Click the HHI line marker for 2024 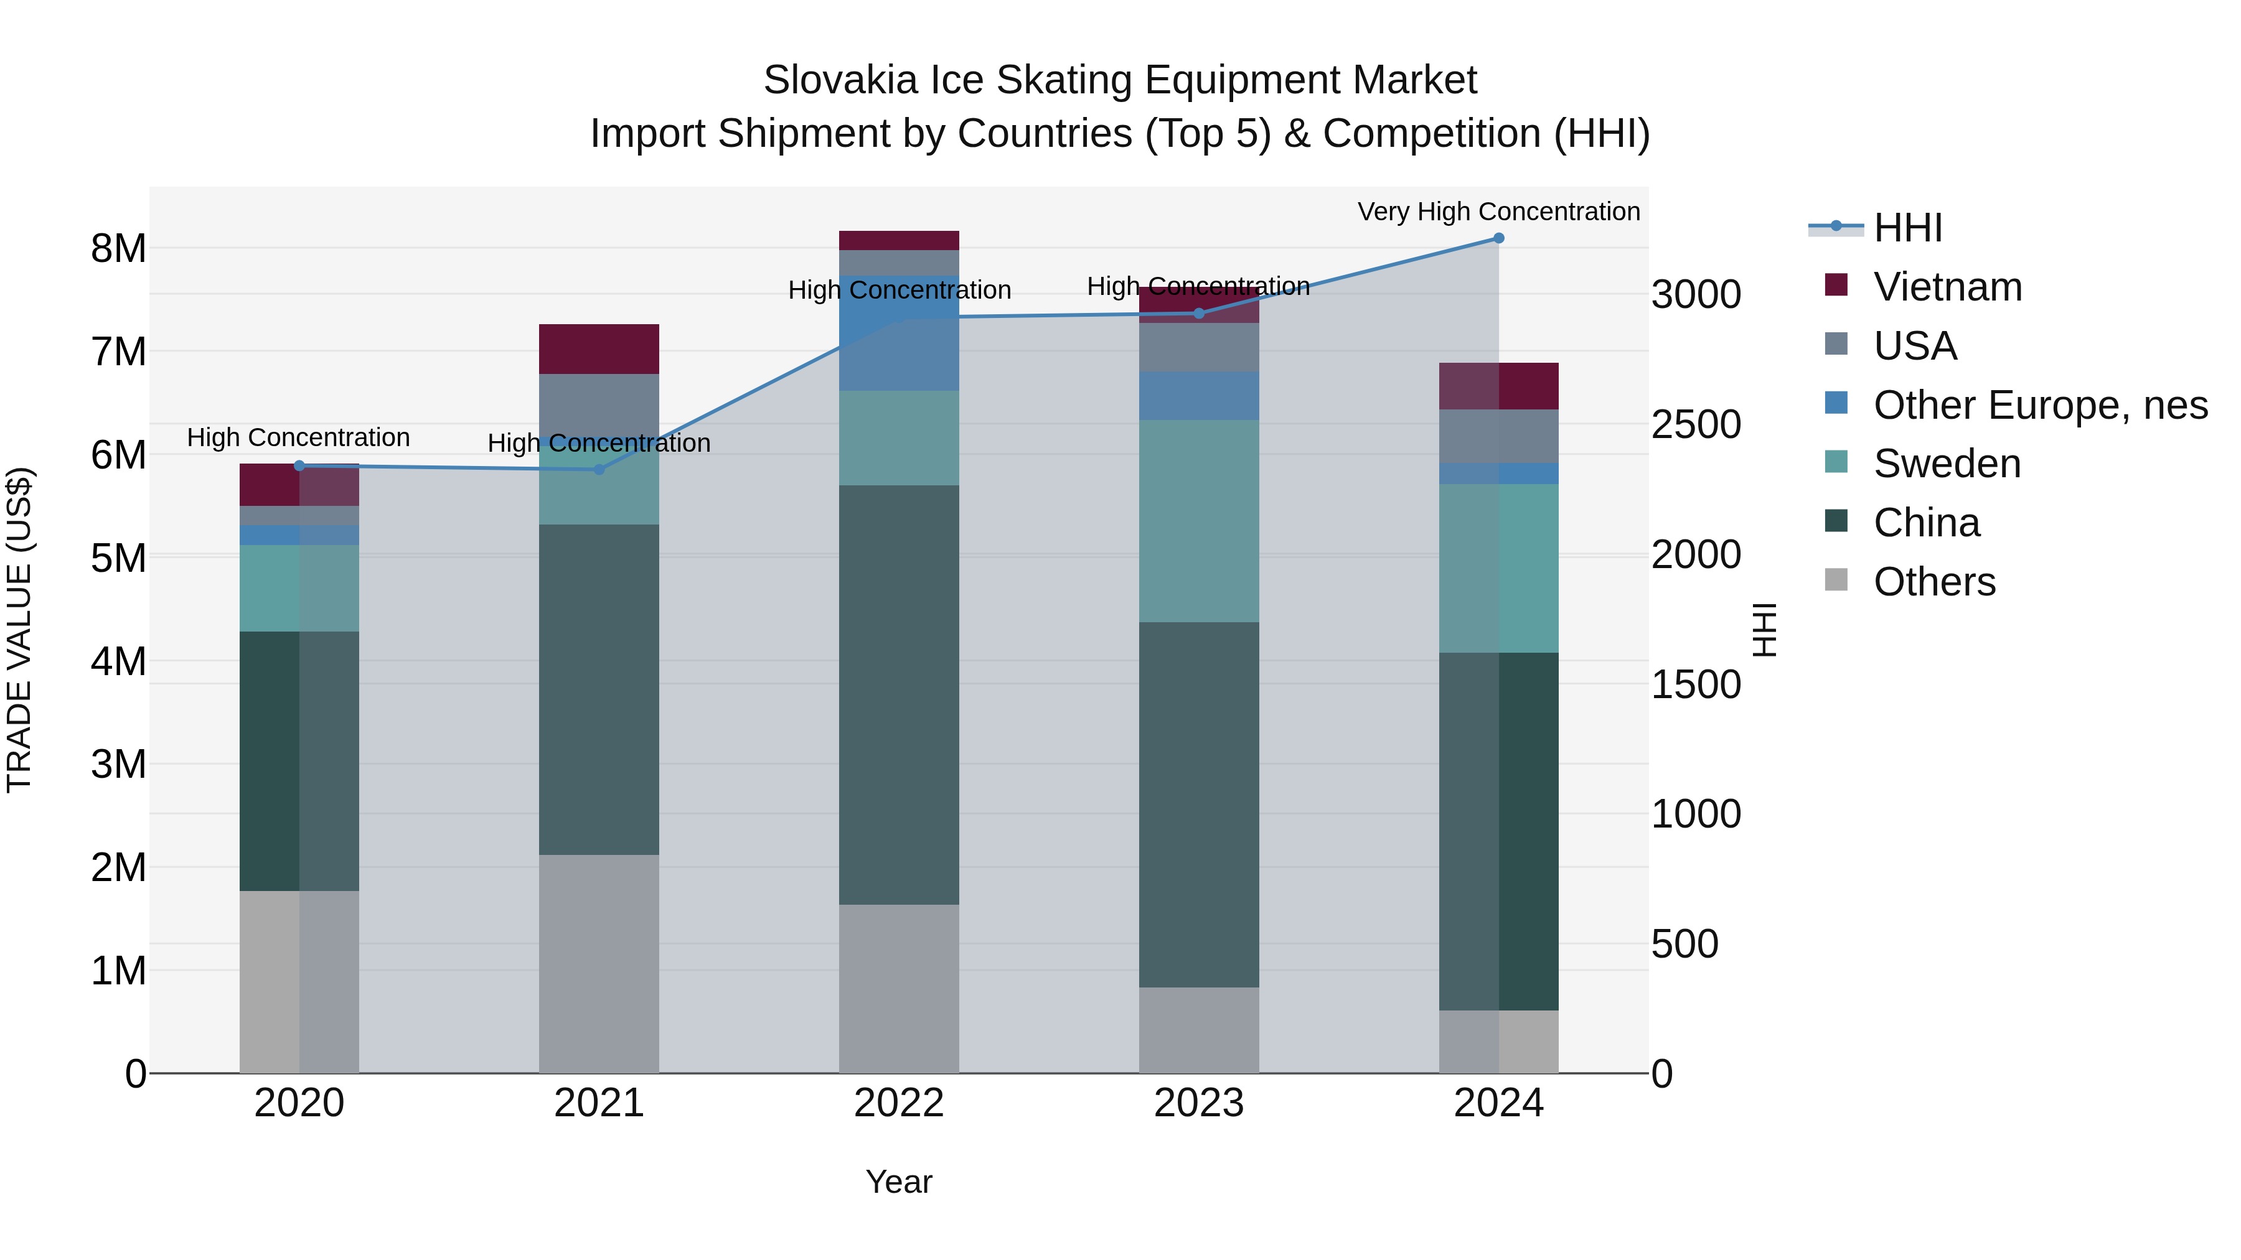pyautogui.click(x=1498, y=238)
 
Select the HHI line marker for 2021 pyautogui.click(x=598, y=470)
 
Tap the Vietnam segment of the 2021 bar pyautogui.click(x=598, y=348)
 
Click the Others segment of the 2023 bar pyautogui.click(x=1199, y=1030)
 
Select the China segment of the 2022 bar pyautogui.click(x=899, y=695)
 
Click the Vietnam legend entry pyautogui.click(x=1947, y=287)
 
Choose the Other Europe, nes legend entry pyautogui.click(x=2039, y=405)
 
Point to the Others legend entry pyautogui.click(x=1934, y=582)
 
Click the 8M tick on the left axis pyautogui.click(x=118, y=249)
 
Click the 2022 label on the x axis pyautogui.click(x=899, y=1103)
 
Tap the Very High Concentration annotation pyautogui.click(x=1498, y=212)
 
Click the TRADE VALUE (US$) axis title pyautogui.click(x=20, y=630)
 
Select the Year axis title pyautogui.click(x=899, y=1182)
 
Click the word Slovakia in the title pyautogui.click(x=840, y=80)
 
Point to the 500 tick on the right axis pyautogui.click(x=1684, y=945)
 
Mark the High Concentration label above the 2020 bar pyautogui.click(x=298, y=437)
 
